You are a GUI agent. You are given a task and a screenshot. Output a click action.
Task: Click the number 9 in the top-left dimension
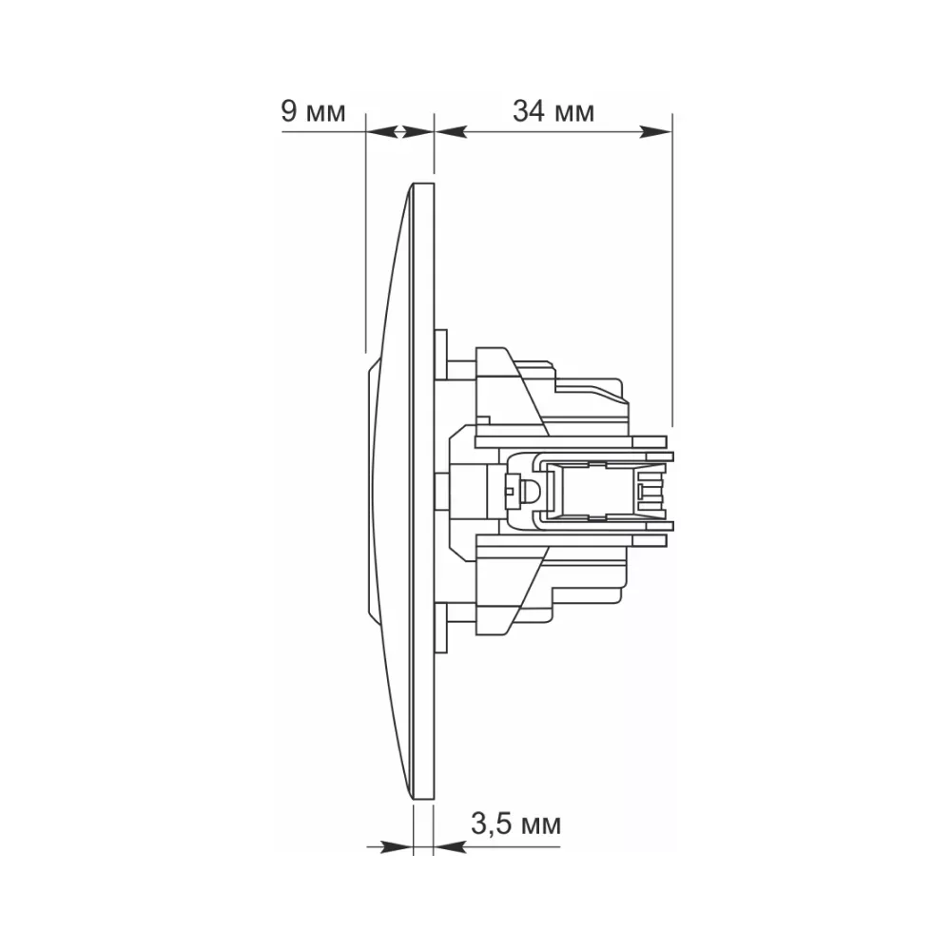click(289, 111)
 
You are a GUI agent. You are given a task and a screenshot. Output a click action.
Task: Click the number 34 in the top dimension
click(529, 111)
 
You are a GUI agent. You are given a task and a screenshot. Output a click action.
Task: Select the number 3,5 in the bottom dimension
click(488, 825)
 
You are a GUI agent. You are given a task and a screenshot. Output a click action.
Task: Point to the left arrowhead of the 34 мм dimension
click(451, 131)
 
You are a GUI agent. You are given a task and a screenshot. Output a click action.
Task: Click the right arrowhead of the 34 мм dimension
click(656, 131)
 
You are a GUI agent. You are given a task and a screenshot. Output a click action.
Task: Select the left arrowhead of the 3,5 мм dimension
click(398, 847)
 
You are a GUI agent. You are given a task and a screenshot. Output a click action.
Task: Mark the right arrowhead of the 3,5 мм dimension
click(450, 847)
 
